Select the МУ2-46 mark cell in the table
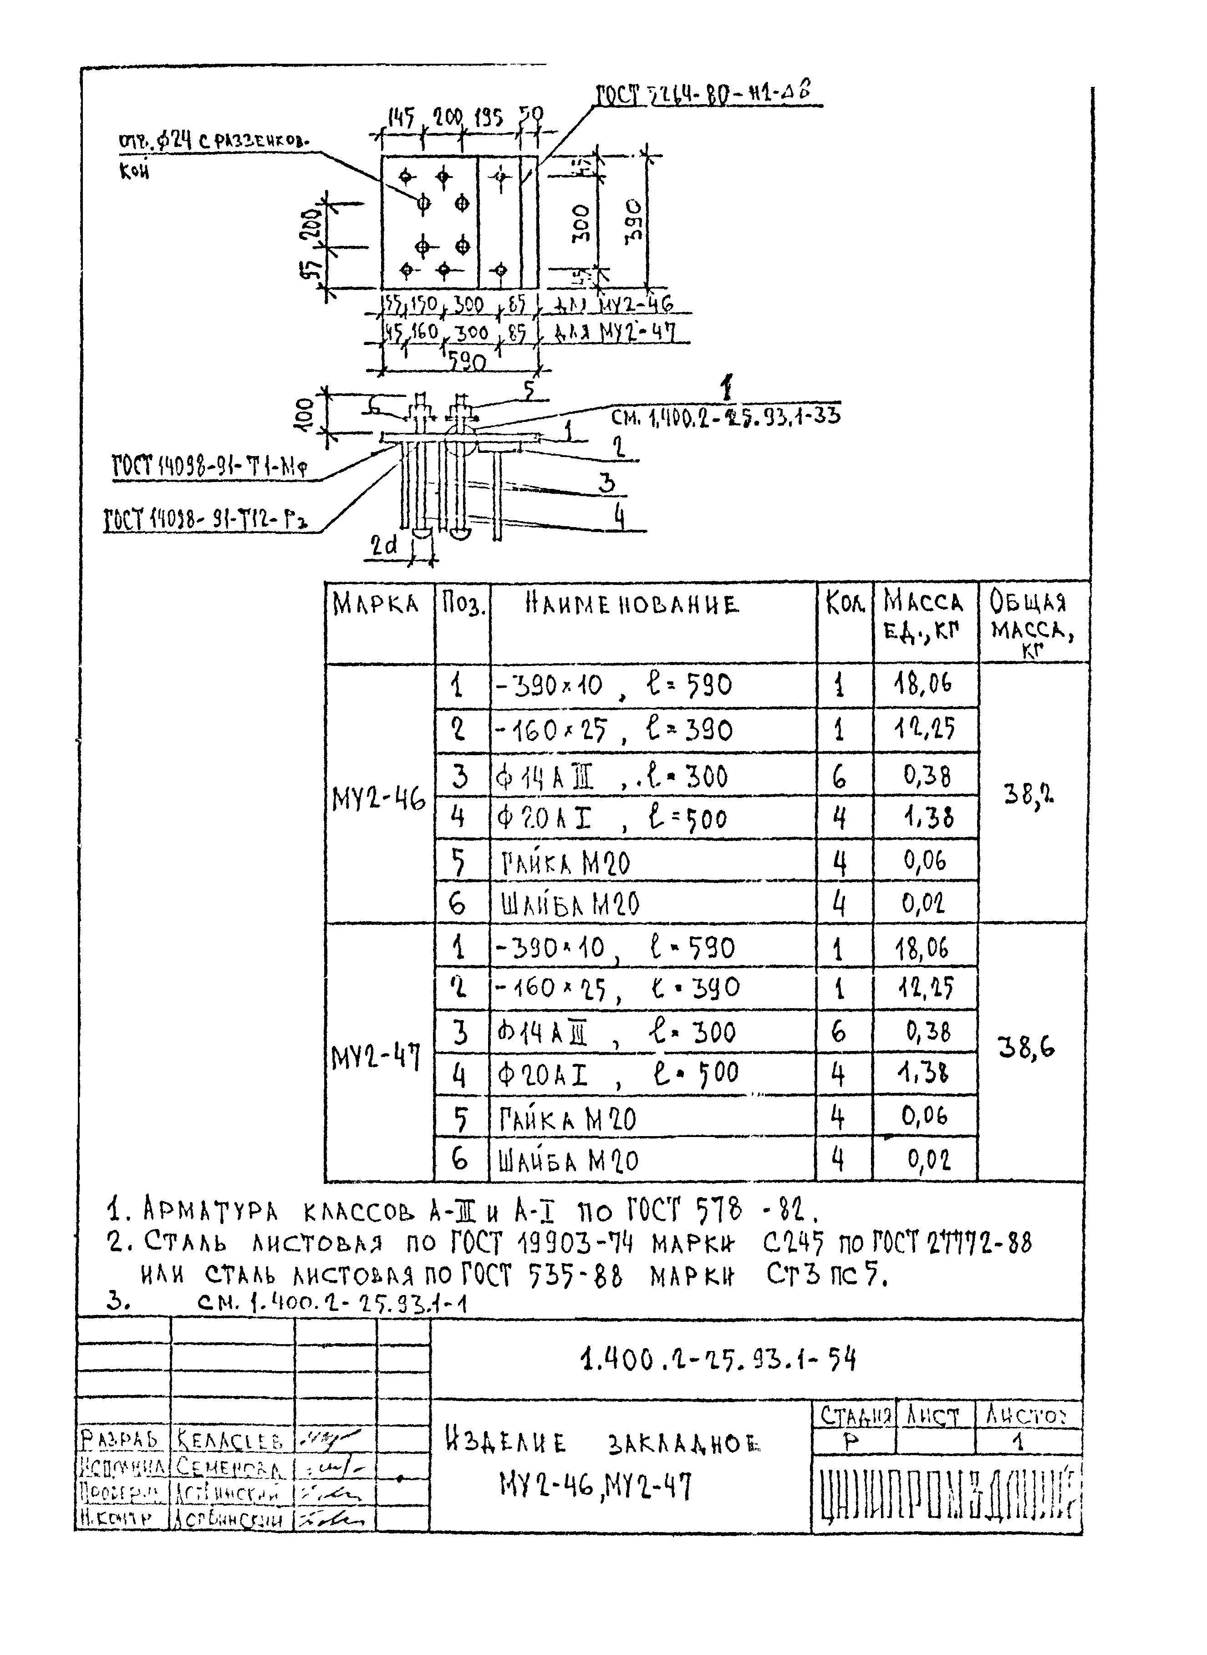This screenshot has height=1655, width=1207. tap(378, 801)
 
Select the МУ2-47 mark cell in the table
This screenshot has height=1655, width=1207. tap(376, 1057)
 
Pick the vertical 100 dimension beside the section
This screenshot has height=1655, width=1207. tap(306, 414)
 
